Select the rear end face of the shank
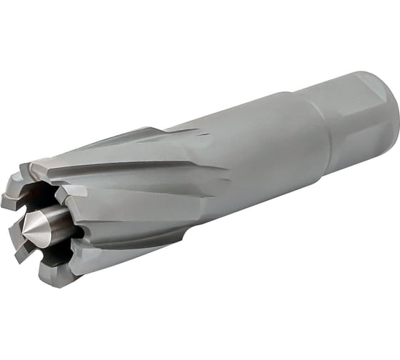click(x=389, y=107)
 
